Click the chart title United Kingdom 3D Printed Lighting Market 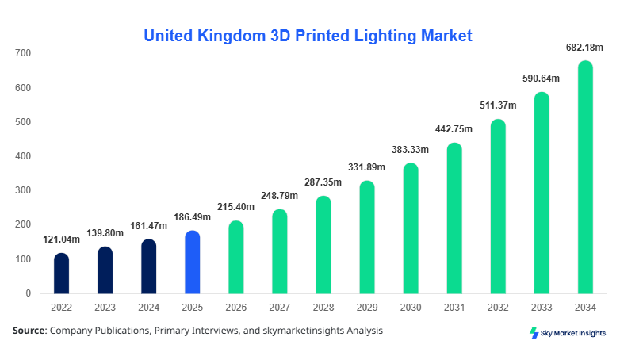tap(308, 36)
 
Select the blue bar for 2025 tap(193, 262)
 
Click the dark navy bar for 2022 tap(62, 273)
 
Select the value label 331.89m tap(367, 167)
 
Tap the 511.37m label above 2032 tap(498, 105)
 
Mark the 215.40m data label tap(236, 207)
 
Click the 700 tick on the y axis tap(22, 53)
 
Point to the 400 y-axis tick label tap(22, 156)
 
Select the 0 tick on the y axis tap(28, 293)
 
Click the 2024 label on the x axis tap(149, 307)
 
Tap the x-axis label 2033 tap(542, 307)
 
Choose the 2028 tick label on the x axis tap(323, 307)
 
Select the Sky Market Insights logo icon tap(534, 333)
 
